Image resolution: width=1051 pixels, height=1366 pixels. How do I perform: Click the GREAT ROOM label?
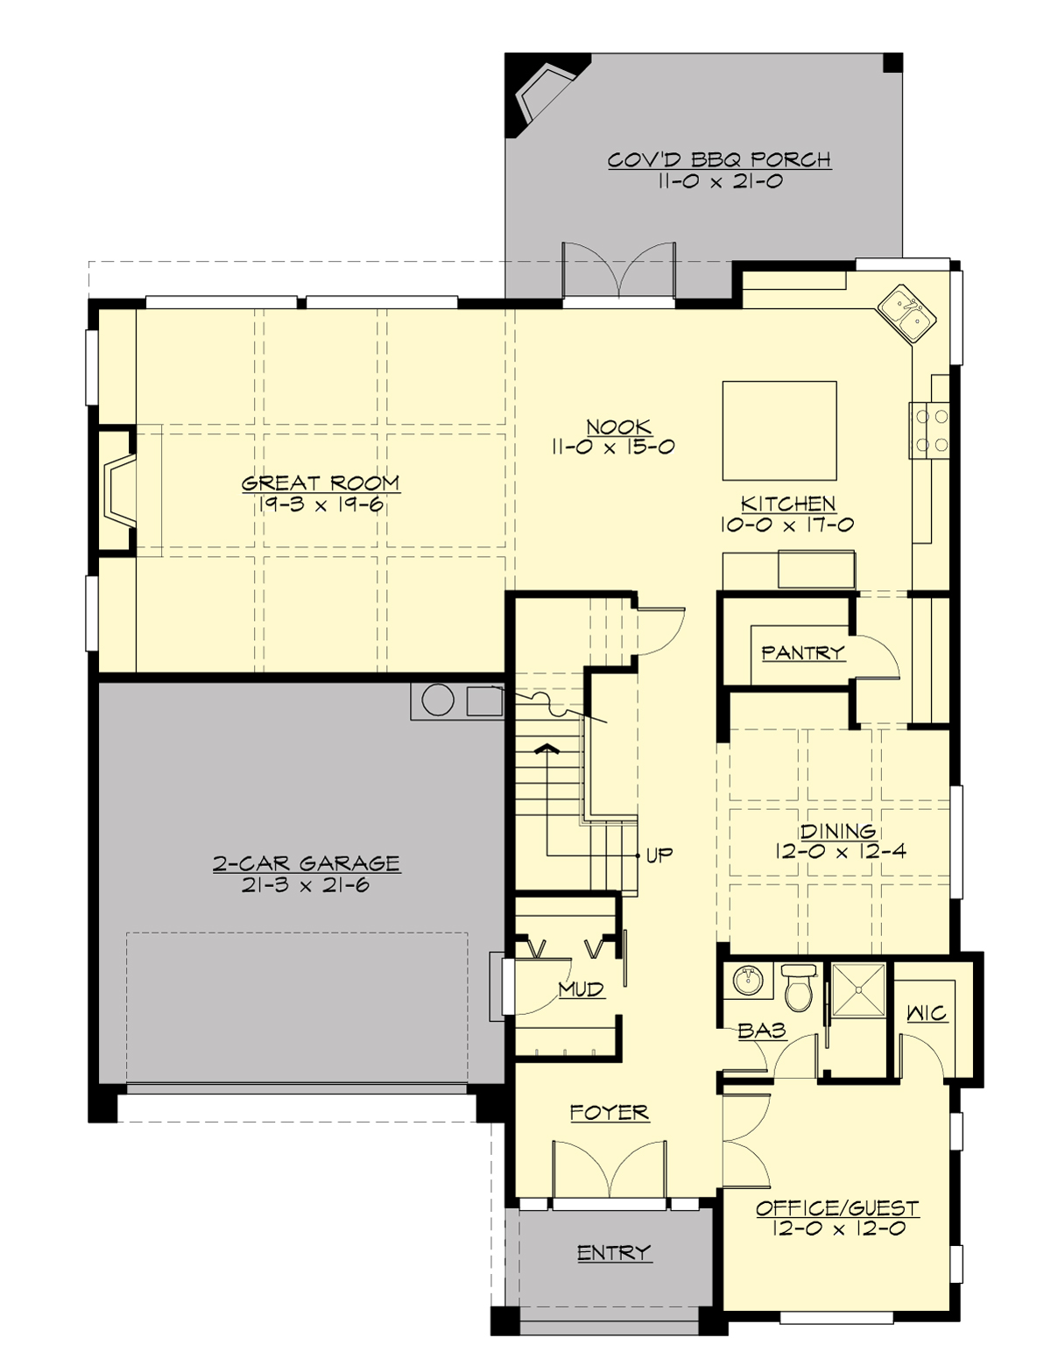click(321, 482)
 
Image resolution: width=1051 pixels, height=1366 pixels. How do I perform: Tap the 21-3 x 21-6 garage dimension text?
click(306, 884)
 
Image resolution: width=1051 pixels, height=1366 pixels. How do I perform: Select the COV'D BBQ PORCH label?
click(719, 159)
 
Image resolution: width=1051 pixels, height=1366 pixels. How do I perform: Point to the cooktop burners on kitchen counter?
click(930, 430)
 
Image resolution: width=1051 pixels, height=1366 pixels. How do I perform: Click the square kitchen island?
click(779, 430)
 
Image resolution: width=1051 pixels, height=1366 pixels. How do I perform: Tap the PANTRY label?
click(802, 652)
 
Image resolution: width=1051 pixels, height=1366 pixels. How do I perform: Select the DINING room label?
click(837, 831)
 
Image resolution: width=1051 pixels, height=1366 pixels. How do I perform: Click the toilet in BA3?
click(799, 988)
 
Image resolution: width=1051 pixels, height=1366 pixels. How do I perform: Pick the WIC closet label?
click(926, 1013)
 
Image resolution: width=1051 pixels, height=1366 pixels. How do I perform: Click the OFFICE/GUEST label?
click(836, 1208)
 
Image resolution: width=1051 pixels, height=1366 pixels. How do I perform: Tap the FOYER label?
click(609, 1112)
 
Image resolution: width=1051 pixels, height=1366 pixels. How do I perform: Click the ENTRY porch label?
click(613, 1253)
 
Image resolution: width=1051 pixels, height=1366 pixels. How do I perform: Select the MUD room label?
click(582, 989)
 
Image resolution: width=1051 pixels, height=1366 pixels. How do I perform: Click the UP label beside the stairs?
click(659, 855)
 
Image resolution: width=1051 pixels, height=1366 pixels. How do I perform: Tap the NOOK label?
click(618, 426)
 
